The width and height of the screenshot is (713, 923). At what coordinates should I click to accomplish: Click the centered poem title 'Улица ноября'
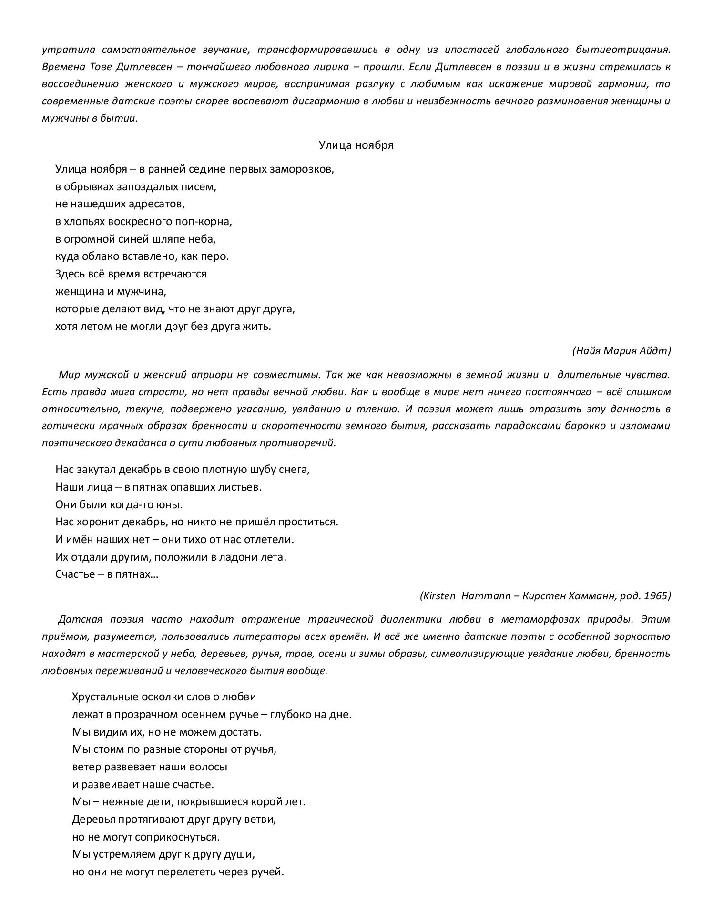356,145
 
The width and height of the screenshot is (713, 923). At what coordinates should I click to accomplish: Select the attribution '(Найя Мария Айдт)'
621,351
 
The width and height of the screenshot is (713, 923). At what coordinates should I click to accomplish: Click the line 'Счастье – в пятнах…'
107,574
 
